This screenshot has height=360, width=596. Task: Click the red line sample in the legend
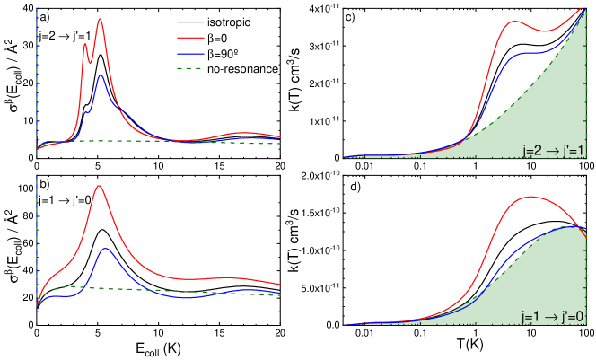click(x=190, y=39)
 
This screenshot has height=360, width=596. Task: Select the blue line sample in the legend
click(x=190, y=54)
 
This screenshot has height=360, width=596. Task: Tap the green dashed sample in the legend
click(x=190, y=68)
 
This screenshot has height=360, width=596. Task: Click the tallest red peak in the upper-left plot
click(x=100, y=19)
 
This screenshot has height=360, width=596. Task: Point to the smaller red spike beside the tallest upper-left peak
click(x=85, y=44)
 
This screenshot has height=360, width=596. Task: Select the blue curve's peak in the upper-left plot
click(x=101, y=75)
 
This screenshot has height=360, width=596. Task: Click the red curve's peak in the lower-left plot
click(x=99, y=187)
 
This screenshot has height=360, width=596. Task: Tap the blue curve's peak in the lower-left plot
click(x=106, y=249)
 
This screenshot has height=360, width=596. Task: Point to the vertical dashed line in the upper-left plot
click(x=36, y=72)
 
